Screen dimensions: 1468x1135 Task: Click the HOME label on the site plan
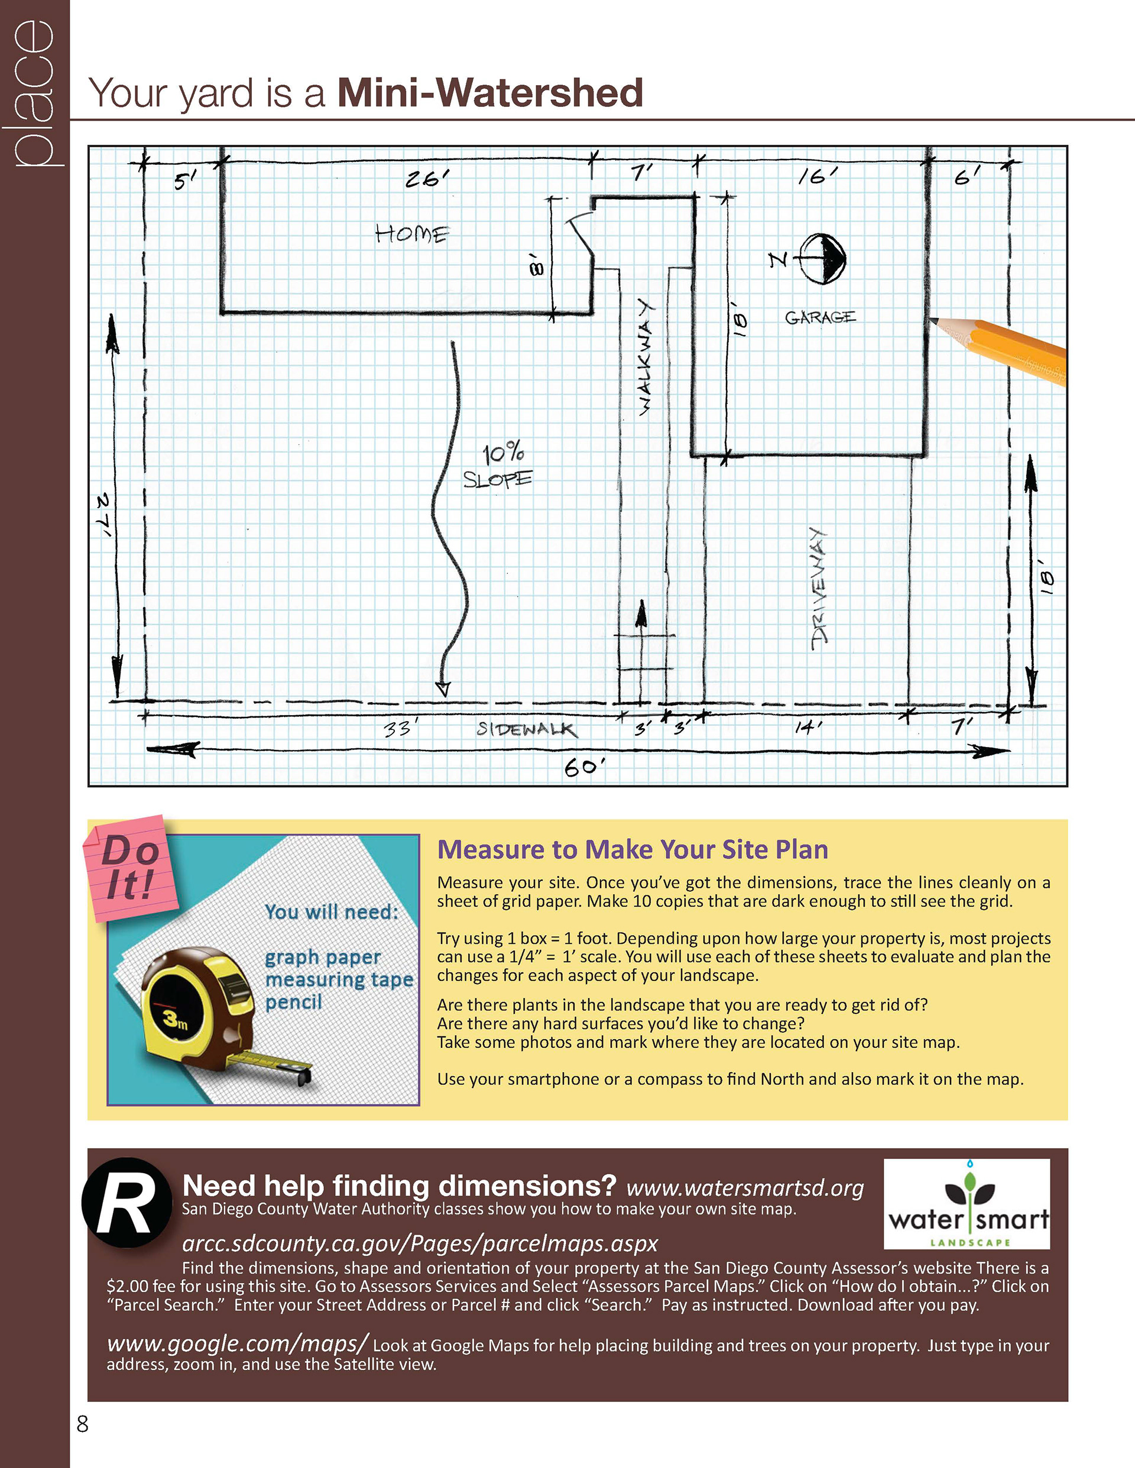[411, 234]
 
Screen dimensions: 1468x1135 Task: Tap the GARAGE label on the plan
[821, 317]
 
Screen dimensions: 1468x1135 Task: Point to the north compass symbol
[822, 258]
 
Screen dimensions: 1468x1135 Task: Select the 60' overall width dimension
[583, 767]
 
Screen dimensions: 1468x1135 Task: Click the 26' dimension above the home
[427, 179]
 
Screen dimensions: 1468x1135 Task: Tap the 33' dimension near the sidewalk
[401, 729]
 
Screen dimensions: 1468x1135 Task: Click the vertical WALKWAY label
[645, 357]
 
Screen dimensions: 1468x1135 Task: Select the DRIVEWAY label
[819, 589]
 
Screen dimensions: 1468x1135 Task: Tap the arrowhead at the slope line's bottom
[442, 688]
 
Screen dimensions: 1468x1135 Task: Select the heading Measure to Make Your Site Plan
[632, 850]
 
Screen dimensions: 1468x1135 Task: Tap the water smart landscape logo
[967, 1205]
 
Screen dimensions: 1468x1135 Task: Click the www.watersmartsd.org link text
[744, 1188]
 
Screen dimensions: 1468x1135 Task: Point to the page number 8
[83, 1424]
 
